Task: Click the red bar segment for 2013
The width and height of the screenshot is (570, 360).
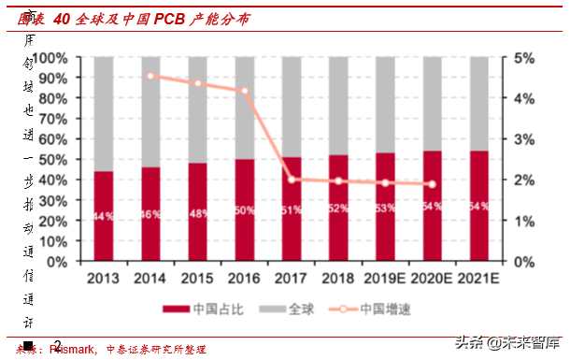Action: tap(104, 216)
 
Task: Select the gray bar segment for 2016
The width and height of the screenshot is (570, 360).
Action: tap(244, 108)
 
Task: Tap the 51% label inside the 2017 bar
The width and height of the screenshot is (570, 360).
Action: tap(291, 209)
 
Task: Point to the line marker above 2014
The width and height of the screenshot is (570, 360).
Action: tap(150, 76)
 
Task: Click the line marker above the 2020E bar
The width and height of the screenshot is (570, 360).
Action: tap(431, 184)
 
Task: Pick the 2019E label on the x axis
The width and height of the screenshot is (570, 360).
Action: tap(384, 278)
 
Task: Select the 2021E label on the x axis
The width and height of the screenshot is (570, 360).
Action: tap(477, 278)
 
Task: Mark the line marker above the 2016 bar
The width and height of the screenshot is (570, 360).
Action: tap(244, 91)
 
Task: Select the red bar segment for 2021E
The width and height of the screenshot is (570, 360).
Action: tap(477, 206)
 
